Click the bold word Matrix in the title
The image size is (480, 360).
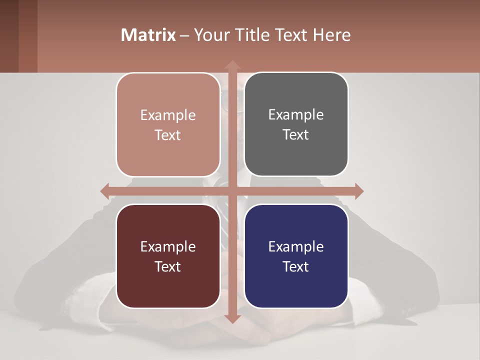pyautogui.click(x=148, y=35)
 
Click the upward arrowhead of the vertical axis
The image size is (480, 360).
pyautogui.click(x=232, y=65)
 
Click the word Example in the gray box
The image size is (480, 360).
pyautogui.click(x=296, y=115)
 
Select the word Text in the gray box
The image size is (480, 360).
pyautogui.click(x=296, y=135)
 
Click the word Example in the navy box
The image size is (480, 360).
pyautogui.click(x=296, y=246)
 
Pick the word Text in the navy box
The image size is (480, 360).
pyautogui.click(x=296, y=266)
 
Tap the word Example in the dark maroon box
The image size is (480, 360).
pyautogui.click(x=168, y=246)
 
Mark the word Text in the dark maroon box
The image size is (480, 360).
pyautogui.click(x=168, y=266)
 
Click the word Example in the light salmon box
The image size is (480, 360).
pyautogui.click(x=168, y=115)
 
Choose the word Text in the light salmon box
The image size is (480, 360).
pyautogui.click(x=168, y=135)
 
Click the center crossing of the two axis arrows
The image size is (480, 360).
pyautogui.click(x=232, y=191)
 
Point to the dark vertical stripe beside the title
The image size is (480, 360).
pyautogui.click(x=28, y=36)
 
